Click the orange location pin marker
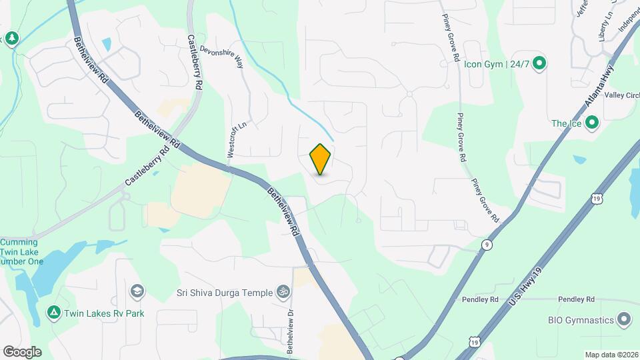[320, 159]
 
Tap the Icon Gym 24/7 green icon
[540, 64]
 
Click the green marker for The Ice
[591, 123]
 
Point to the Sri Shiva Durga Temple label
[224, 293]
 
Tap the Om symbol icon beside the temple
[283, 292]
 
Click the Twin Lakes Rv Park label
[104, 313]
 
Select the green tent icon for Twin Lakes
[53, 312]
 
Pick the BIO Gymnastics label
[581, 320]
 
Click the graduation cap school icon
[137, 291]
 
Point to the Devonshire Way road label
[223, 57]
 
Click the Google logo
[22, 351]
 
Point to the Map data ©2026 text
[611, 355]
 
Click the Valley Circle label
[622, 95]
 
